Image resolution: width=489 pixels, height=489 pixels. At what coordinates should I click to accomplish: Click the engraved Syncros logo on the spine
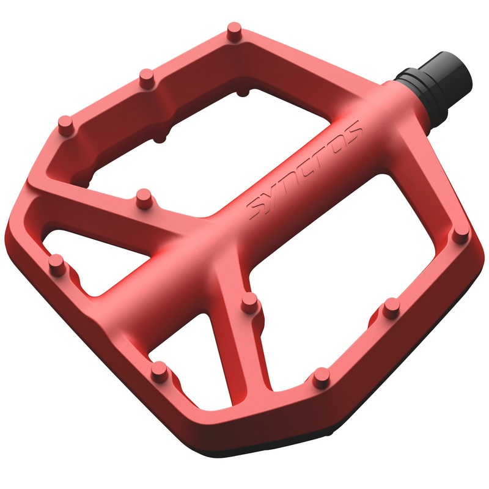[x=306, y=168]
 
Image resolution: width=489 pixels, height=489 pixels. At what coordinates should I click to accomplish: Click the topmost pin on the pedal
[x=234, y=29]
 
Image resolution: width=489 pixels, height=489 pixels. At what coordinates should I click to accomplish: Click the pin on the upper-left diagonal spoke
[x=144, y=197]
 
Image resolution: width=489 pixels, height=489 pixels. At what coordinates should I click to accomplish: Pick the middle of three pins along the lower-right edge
[x=389, y=308]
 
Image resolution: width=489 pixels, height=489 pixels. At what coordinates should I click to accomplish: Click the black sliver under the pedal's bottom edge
[x=306, y=455]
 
